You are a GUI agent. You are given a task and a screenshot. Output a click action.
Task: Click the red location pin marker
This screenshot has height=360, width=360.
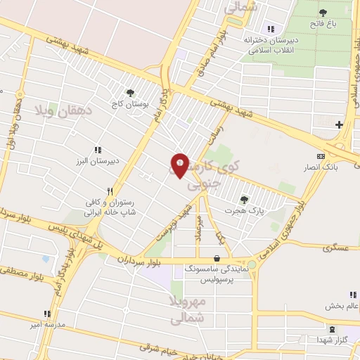[x=179, y=166]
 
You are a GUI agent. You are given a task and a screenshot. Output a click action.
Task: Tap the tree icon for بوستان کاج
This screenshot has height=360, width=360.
[x=130, y=92]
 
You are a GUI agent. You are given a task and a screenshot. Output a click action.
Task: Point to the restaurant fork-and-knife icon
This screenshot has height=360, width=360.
[x=110, y=191]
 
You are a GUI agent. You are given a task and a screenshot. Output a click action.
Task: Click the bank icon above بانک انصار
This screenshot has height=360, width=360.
[x=321, y=156]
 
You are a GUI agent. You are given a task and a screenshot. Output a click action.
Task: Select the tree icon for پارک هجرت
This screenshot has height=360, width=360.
[x=244, y=200]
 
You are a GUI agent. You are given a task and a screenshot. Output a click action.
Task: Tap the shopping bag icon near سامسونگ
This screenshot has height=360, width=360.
[x=224, y=258]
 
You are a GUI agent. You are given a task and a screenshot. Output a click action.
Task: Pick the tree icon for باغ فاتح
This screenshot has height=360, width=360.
[x=323, y=13]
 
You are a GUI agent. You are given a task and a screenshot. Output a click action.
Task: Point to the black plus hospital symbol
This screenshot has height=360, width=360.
[x=340, y=124]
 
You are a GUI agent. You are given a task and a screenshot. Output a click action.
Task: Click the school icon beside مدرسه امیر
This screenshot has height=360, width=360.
[x=46, y=314]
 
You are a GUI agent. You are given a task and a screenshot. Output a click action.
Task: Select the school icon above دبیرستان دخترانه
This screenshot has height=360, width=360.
[x=270, y=29]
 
